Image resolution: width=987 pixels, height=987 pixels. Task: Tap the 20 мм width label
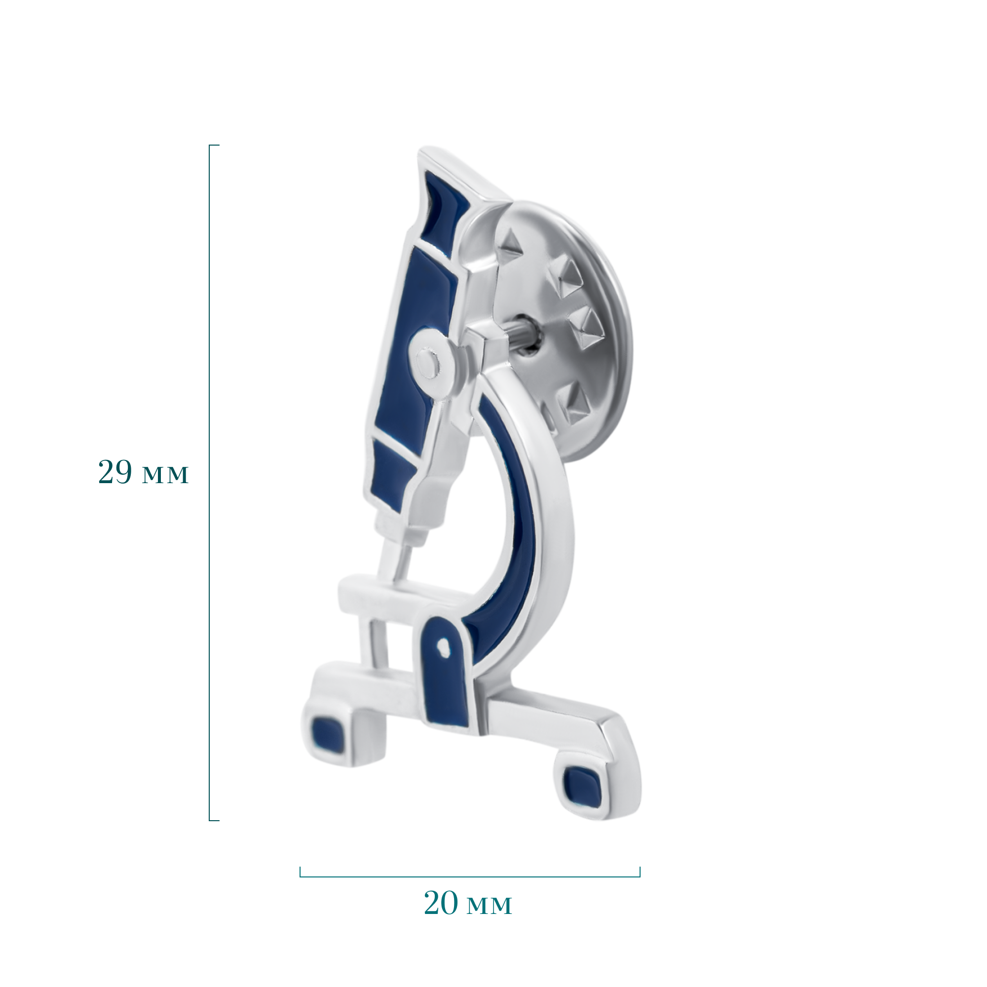tap(467, 903)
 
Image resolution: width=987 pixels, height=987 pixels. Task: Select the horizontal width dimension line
tap(469, 876)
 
